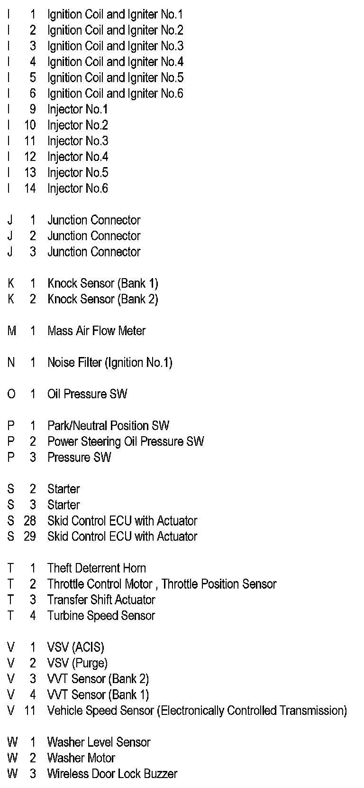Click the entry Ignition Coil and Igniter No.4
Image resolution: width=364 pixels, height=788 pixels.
pos(115,62)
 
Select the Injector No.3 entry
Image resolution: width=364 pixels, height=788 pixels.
pos(78,141)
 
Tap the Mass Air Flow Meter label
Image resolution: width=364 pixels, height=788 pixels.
pos(96,331)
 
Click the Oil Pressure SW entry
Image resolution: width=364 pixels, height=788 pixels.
pos(87,394)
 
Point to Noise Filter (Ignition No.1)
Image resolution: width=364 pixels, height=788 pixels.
pos(109,363)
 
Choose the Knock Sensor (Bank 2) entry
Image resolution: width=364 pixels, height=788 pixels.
pos(102,299)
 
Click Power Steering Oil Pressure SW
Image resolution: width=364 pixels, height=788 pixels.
pos(126,441)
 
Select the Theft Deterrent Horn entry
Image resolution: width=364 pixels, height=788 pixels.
pos(97,568)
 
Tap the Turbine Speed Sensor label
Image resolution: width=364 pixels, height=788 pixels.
pos(101,616)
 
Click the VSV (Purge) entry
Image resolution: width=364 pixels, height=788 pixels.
pos(77,663)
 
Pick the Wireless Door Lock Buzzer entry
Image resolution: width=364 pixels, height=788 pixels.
pos(112,774)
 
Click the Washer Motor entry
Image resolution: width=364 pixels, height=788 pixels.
pos(81,758)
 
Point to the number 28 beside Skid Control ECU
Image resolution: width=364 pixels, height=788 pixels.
pos(30,521)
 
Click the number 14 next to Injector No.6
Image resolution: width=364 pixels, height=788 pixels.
pos(30,188)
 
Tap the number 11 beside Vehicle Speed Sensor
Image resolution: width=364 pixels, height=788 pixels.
pos(30,711)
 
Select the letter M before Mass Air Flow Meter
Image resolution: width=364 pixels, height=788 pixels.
pos(12,331)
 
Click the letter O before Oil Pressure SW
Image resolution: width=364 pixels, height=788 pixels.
pos(11,394)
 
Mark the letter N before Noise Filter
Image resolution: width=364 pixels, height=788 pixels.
pos(11,363)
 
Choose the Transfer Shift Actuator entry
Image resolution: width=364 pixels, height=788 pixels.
pos(101,600)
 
